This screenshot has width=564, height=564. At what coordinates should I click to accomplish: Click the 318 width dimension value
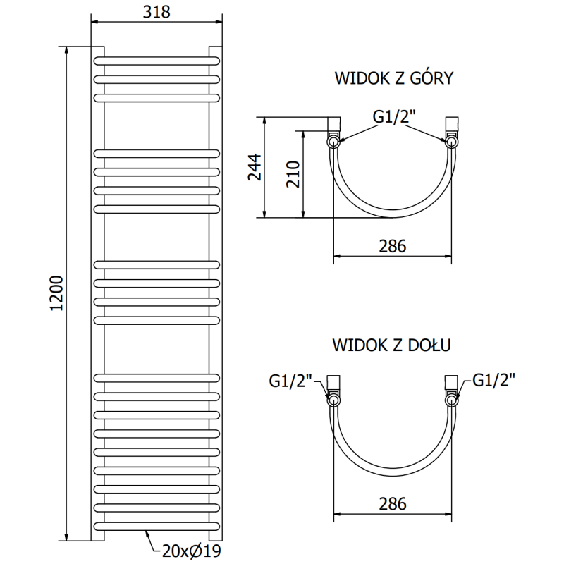[x=157, y=12]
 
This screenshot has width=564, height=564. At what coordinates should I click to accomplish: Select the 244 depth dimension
[x=255, y=167]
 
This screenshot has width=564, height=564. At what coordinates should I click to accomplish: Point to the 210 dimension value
[x=293, y=173]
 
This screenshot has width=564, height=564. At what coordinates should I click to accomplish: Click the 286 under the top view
[x=392, y=246]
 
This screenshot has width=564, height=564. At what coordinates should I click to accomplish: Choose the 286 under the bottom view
[x=392, y=503]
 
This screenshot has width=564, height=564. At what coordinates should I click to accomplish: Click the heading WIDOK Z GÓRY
[x=393, y=78]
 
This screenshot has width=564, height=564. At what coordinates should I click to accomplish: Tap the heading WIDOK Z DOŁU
[x=392, y=345]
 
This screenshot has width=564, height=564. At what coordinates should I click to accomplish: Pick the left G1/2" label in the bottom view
[x=290, y=381]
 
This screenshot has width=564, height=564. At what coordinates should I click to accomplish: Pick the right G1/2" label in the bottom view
[x=494, y=381]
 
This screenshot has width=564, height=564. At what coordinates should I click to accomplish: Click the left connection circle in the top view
[x=333, y=141]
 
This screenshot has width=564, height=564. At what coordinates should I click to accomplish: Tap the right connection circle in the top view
[x=451, y=141]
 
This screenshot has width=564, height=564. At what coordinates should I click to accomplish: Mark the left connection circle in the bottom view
[x=333, y=400]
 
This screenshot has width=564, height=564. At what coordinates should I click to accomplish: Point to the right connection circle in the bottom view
[x=451, y=400]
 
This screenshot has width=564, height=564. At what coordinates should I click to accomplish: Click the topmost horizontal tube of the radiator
[x=157, y=59]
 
